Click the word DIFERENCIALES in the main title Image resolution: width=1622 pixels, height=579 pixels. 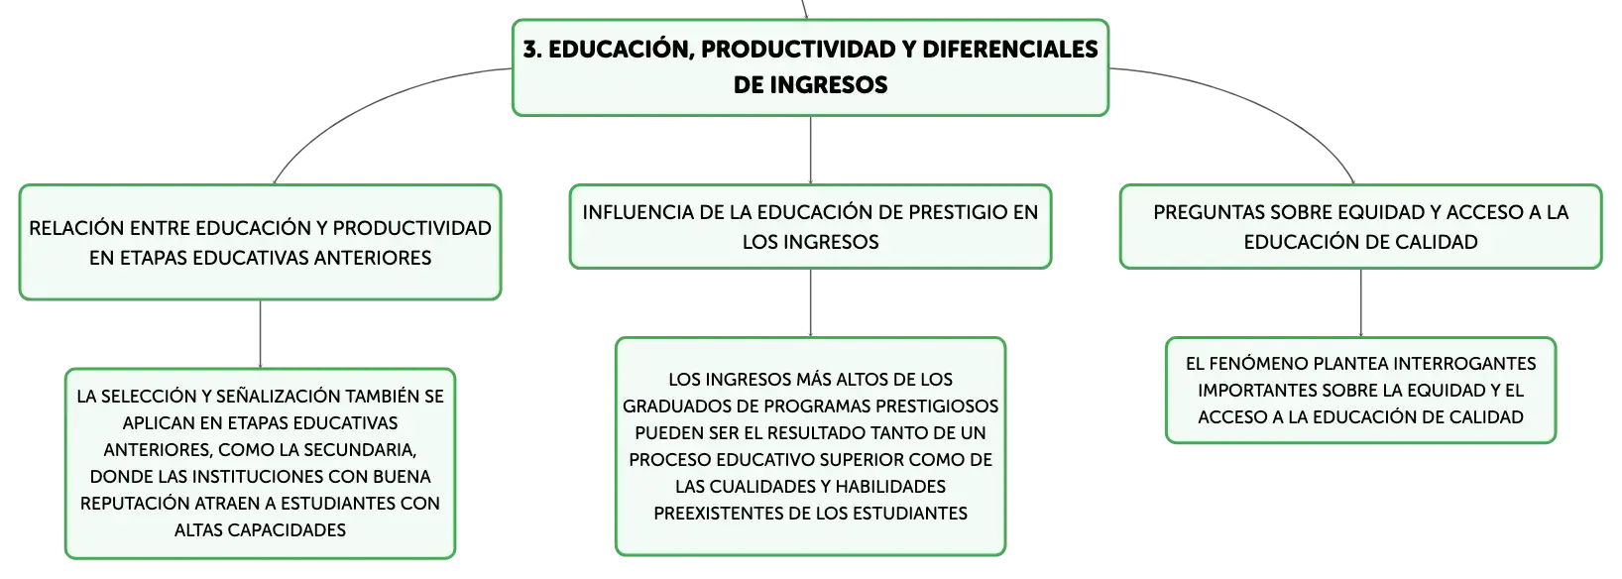click(1010, 50)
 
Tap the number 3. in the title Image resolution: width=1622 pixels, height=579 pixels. click(532, 50)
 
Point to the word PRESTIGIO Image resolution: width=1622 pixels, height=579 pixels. click(958, 212)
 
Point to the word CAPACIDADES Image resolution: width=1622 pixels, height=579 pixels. click(287, 529)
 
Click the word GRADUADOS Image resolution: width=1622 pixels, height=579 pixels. click(671, 406)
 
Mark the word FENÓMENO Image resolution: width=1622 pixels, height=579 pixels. click(1258, 363)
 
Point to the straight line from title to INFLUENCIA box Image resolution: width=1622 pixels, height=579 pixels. click(810, 150)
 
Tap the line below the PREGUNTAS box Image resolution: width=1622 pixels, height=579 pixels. click(1360, 302)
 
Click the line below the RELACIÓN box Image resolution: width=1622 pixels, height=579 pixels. click(260, 334)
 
